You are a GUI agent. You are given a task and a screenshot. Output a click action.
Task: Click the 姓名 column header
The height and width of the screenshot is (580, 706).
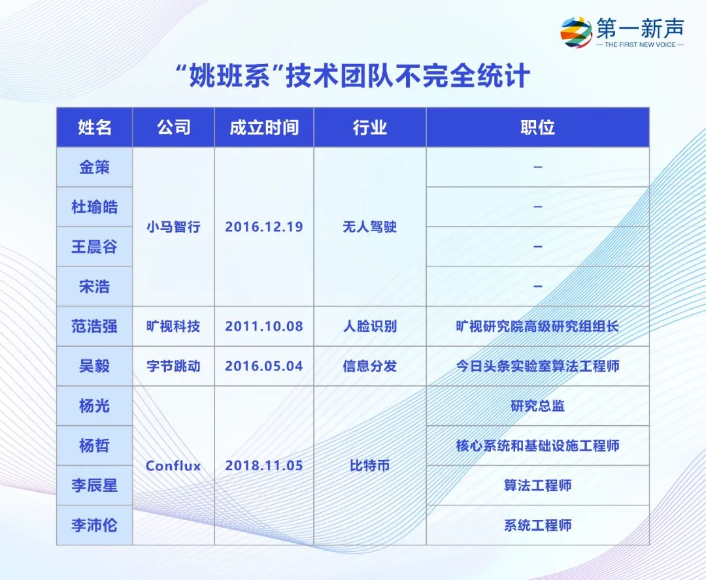point(95,127)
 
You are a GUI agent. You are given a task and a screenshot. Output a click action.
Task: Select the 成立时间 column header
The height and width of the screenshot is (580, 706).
point(264,127)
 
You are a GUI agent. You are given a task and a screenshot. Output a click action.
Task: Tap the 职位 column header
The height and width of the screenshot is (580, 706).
point(537,127)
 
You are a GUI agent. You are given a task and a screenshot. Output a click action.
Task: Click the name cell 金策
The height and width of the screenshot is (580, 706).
point(95,167)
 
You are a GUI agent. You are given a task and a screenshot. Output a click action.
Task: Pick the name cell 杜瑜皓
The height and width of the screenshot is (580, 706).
point(95,207)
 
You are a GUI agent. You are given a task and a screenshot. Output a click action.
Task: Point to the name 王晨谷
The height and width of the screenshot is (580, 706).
point(95,247)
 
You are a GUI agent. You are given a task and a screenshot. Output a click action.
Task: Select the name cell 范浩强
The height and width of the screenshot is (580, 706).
point(95,326)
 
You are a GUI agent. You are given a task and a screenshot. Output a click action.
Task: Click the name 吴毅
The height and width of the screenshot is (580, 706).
point(95,366)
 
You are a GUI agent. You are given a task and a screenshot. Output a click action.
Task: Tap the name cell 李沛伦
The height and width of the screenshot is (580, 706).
point(95,525)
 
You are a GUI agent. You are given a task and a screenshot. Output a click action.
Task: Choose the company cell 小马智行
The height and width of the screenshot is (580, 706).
point(173,227)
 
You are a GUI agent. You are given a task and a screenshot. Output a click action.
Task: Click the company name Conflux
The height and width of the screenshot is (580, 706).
point(173,466)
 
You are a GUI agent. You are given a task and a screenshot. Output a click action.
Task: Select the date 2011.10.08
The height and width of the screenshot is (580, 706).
point(264,326)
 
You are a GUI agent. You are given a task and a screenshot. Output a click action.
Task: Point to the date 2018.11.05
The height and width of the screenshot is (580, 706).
point(264,466)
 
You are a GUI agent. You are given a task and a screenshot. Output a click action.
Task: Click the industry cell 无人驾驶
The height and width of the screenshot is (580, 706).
point(369,227)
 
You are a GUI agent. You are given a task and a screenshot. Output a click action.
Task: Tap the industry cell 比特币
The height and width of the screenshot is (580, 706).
point(369,466)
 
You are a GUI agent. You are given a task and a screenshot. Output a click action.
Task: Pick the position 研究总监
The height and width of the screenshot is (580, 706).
point(537,406)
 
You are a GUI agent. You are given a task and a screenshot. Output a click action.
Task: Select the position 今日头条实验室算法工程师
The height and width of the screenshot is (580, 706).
point(537,366)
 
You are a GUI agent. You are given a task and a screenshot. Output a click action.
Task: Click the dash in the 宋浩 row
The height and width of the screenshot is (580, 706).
point(537,286)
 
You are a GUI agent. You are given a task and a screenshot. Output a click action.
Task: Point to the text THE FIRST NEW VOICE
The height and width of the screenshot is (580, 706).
point(640,44)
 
